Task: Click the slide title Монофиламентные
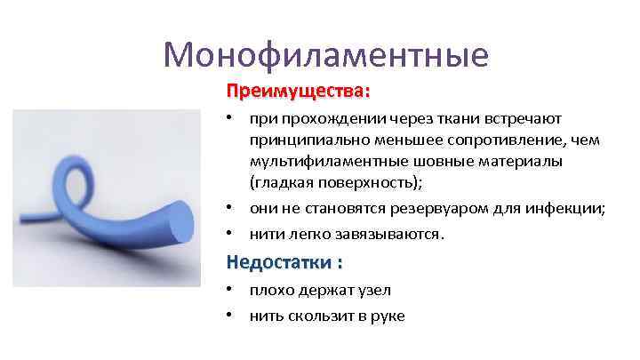coord(326,55)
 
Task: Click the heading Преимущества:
coord(298,92)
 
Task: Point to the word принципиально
coord(301,140)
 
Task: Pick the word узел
coord(373,290)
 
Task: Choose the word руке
coord(388,316)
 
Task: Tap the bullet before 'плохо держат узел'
coord(229,290)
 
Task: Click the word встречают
coord(530,118)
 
